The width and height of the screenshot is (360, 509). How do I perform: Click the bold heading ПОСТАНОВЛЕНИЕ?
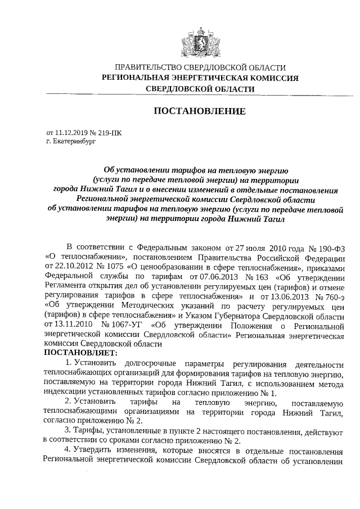pyautogui.click(x=199, y=111)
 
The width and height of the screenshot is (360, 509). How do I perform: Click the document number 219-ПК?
pyautogui.click(x=108, y=133)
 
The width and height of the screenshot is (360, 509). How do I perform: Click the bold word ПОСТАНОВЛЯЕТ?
pyautogui.click(x=80, y=353)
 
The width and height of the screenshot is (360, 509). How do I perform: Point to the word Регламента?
pyautogui.click(x=66, y=287)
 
